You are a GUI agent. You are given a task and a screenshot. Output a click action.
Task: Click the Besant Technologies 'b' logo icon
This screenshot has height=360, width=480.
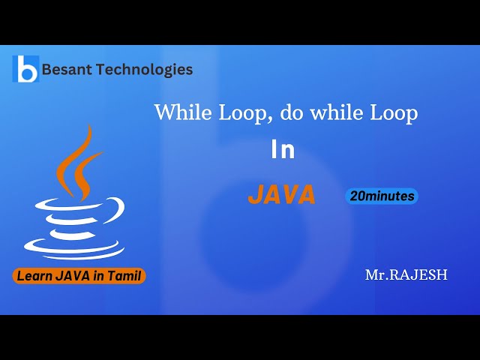[26, 69]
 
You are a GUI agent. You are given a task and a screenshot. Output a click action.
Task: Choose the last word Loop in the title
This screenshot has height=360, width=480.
[394, 113]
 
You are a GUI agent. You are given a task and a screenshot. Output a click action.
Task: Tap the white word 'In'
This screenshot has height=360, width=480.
[283, 151]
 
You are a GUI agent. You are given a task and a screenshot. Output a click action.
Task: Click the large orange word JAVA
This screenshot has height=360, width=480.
[282, 195]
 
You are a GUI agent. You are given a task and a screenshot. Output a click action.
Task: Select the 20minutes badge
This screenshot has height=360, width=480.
[382, 196]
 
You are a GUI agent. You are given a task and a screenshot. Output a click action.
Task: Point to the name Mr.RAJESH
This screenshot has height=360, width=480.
[406, 275]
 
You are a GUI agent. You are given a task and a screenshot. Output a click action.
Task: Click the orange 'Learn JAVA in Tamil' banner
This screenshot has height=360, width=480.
[79, 276]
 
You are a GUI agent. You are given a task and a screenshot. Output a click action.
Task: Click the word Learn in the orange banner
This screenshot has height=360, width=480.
[34, 276]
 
